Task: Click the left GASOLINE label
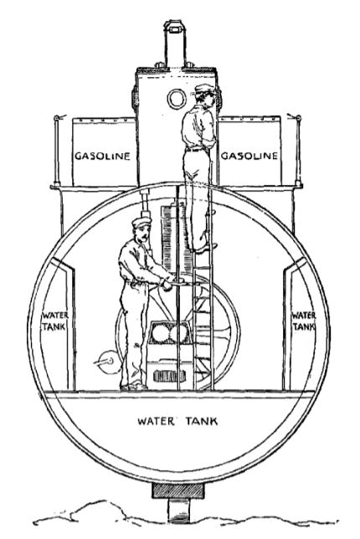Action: pyautogui.click(x=102, y=156)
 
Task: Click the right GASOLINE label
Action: pyautogui.click(x=249, y=156)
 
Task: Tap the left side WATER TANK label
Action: pyautogui.click(x=55, y=321)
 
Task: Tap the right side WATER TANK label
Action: pyautogui.click(x=304, y=321)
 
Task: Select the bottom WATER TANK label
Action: pyautogui.click(x=177, y=421)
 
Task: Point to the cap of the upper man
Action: pyautogui.click(x=203, y=89)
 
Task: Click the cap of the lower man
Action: pyautogui.click(x=141, y=222)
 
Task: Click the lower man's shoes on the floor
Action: pyautogui.click(x=133, y=386)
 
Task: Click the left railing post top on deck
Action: pyautogui.click(x=57, y=118)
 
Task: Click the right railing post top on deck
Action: pyautogui.click(x=298, y=118)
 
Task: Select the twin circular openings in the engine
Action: pyautogui.click(x=168, y=333)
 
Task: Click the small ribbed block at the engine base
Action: pyautogui.click(x=170, y=376)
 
